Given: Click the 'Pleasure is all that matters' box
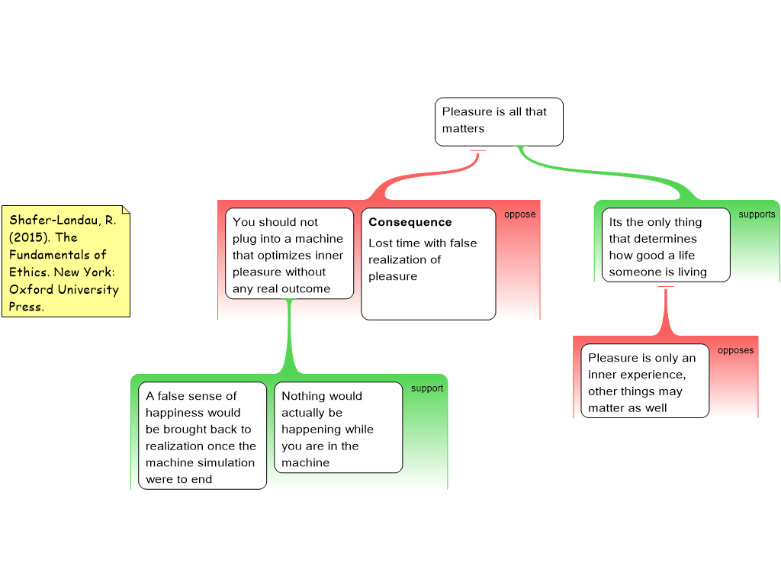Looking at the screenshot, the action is pyautogui.click(x=499, y=121).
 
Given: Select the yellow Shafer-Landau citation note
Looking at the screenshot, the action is pyautogui.click(x=66, y=261).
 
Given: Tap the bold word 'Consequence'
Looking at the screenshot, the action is pyautogui.click(x=410, y=222).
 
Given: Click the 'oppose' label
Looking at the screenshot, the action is pyautogui.click(x=519, y=214).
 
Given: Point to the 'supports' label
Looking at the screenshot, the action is pyautogui.click(x=757, y=214).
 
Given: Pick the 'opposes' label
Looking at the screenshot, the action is pyautogui.click(x=736, y=350).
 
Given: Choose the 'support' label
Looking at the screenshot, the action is pyautogui.click(x=427, y=388).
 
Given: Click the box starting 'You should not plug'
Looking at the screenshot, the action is pyautogui.click(x=289, y=253).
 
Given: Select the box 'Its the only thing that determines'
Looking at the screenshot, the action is pyautogui.click(x=666, y=245).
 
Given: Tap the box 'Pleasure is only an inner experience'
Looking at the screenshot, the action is pyautogui.click(x=645, y=381).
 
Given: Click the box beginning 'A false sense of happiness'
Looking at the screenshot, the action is pyautogui.click(x=202, y=436).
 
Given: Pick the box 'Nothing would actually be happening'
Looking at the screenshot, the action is pyautogui.click(x=338, y=427).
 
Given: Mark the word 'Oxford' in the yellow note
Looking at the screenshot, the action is pyautogui.click(x=31, y=289).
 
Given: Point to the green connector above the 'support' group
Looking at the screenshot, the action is pyautogui.click(x=289, y=336).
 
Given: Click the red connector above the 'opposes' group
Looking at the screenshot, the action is pyautogui.click(x=666, y=311).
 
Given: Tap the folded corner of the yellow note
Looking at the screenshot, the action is pyautogui.click(x=126, y=210).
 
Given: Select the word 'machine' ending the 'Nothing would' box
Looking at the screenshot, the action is pyautogui.click(x=305, y=463).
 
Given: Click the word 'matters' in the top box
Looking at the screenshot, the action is pyautogui.click(x=463, y=128).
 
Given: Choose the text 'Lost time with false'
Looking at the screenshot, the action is pyautogui.click(x=423, y=243).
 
